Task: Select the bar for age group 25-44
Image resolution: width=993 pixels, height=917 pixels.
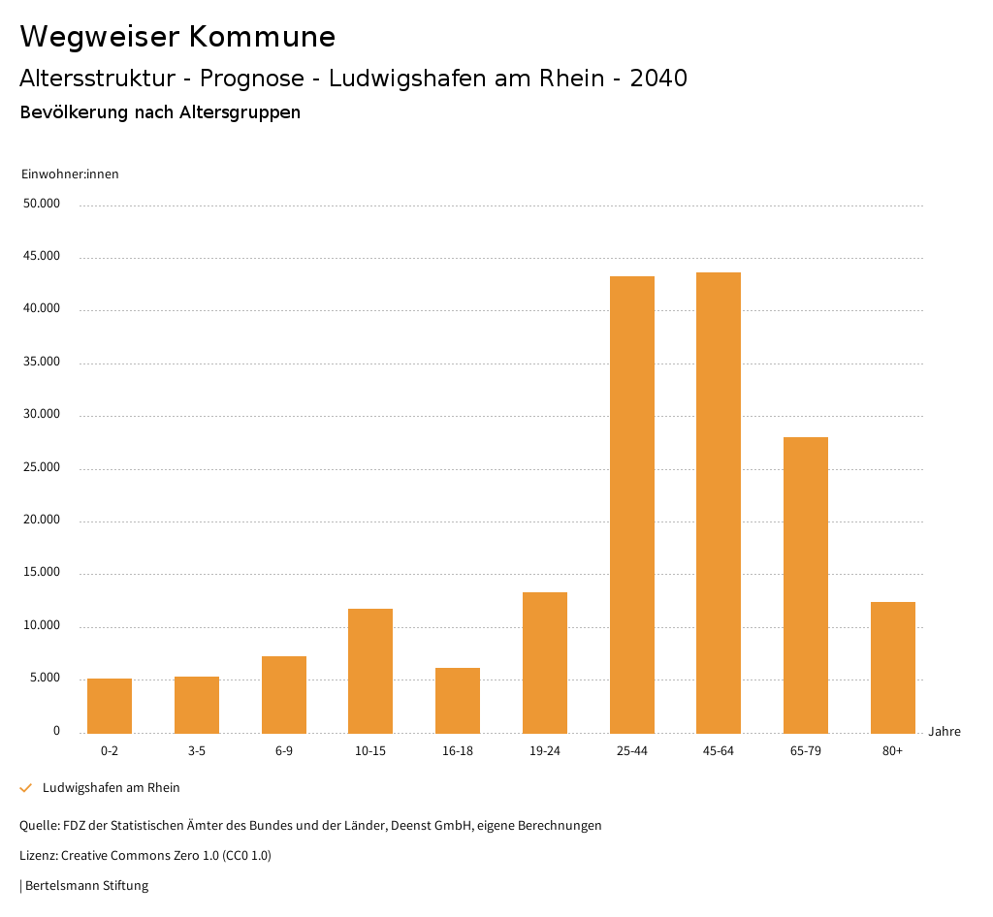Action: point(632,504)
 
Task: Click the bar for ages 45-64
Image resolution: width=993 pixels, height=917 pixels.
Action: point(719,502)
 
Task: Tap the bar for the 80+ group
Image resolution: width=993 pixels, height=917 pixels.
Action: point(893,667)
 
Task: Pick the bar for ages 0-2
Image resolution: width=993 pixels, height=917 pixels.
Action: point(110,706)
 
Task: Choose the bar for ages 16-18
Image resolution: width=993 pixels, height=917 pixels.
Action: point(458,700)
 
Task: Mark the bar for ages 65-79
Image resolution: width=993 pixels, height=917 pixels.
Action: point(806,585)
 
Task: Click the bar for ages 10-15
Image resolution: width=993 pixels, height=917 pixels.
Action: point(370,671)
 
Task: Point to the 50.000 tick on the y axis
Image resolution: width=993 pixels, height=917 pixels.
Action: point(43,204)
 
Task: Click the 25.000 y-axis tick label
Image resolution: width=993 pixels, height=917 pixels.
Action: point(43,467)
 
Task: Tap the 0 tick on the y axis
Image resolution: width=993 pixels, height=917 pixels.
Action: point(56,731)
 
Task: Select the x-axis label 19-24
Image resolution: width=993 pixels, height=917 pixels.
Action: point(545,751)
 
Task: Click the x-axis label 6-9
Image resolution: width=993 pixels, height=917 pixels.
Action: point(284,751)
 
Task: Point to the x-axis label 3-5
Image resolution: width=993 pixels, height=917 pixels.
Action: point(197,751)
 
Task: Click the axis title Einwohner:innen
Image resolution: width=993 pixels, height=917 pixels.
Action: point(70,174)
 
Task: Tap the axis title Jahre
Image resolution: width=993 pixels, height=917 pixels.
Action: point(945,732)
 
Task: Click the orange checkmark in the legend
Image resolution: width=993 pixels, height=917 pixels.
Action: point(26,788)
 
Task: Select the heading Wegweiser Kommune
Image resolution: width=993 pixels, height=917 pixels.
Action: point(177,37)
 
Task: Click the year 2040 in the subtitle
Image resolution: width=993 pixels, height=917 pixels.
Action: point(658,79)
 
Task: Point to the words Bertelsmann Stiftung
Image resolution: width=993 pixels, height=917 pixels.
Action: point(86,886)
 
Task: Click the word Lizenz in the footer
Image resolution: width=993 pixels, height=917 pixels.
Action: point(38,856)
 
